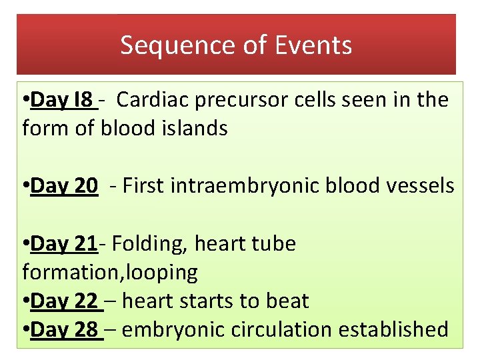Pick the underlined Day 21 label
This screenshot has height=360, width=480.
pos(64,244)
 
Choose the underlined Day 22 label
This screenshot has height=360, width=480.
pos(65,301)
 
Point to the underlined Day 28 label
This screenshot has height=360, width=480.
pos(65,329)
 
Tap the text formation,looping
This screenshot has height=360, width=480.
pos(110,272)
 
